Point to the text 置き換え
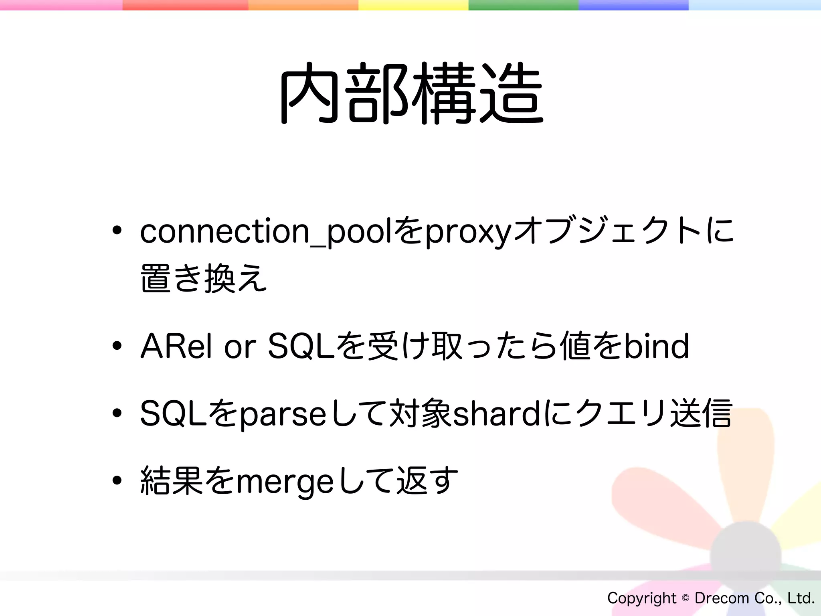[x=204, y=278]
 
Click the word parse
[x=283, y=415]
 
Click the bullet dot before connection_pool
[x=117, y=231]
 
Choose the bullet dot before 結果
[x=117, y=480]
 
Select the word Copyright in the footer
[x=641, y=598]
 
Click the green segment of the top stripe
[x=523, y=5]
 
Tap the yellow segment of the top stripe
[x=413, y=5]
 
